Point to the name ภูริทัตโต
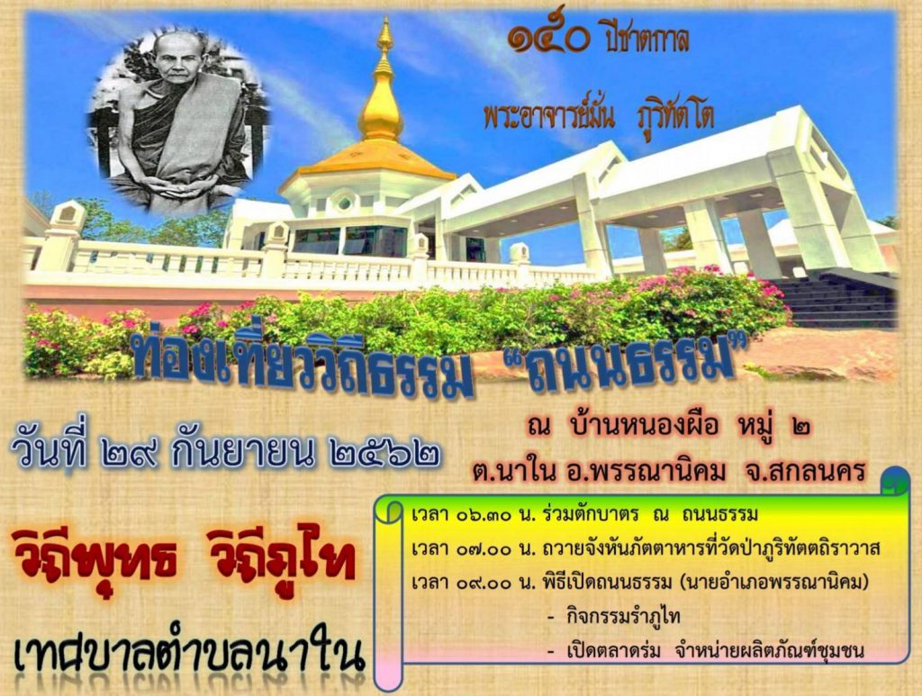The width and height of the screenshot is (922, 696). click(676, 117)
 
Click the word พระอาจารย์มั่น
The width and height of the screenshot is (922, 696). click(549, 115)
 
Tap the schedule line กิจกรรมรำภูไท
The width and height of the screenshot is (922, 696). click(623, 618)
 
